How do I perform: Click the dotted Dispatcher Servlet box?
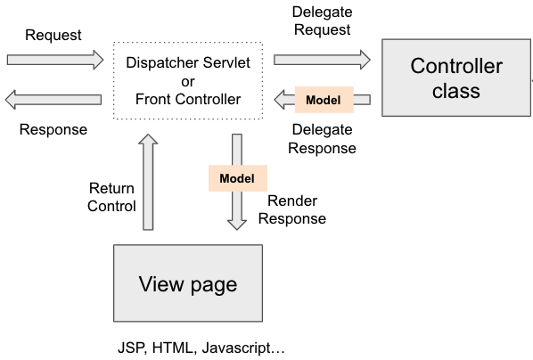(x=188, y=81)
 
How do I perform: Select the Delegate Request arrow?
(x=322, y=61)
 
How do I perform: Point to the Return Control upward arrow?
(x=149, y=182)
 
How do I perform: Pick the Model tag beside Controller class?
(x=322, y=99)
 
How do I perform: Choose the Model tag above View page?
(x=237, y=178)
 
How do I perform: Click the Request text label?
(x=53, y=36)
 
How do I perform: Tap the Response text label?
(x=53, y=129)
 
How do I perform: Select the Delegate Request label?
(x=321, y=20)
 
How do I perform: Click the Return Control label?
(x=111, y=197)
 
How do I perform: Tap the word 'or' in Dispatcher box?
(x=188, y=81)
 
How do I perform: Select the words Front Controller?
(x=188, y=99)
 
